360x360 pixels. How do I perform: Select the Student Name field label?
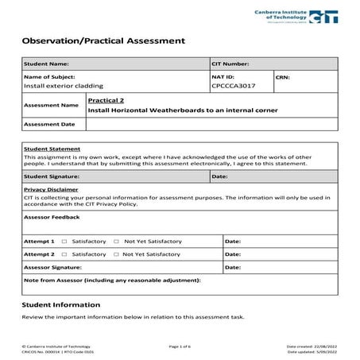click(x=47, y=64)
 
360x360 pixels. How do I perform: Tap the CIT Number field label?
click(x=231, y=64)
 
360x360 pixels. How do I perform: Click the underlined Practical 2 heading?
click(x=106, y=101)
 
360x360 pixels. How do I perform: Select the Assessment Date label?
click(x=49, y=124)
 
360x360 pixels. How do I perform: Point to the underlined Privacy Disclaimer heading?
click(x=51, y=190)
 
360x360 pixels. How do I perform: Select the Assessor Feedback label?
click(x=52, y=216)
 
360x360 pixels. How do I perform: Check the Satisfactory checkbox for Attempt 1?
click(x=64, y=241)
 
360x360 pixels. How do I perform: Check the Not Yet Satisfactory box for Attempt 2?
click(x=116, y=254)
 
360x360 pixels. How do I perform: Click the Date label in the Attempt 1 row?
click(x=233, y=241)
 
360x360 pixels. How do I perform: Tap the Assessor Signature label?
click(x=53, y=268)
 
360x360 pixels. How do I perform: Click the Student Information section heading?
click(x=61, y=304)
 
